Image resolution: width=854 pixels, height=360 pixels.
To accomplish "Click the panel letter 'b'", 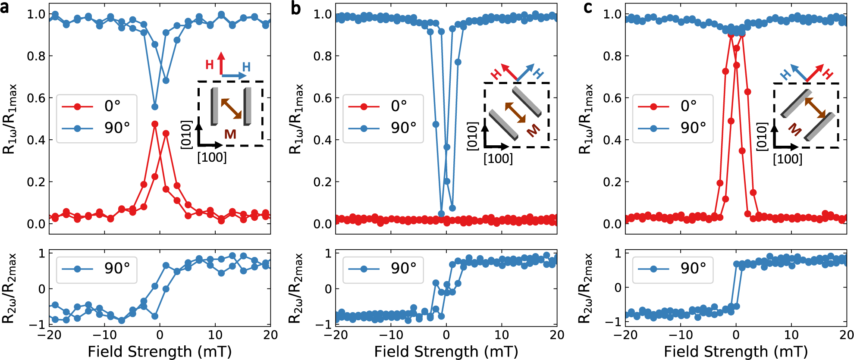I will coord(295,8).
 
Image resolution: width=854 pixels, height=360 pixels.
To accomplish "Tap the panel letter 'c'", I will coord(587,7).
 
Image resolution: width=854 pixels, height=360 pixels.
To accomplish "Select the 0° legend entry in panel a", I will coord(96,106).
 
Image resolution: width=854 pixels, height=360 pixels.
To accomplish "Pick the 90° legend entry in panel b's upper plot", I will coord(383,128).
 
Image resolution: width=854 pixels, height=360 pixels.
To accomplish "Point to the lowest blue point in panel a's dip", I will coord(155,106).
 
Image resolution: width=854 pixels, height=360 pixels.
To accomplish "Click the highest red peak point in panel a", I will coord(155,124).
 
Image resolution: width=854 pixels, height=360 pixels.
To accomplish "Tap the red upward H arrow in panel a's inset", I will coord(221,63).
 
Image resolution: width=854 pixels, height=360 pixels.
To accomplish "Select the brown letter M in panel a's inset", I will coord(230,135).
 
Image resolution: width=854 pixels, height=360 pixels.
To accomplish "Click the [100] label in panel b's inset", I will coord(498,159).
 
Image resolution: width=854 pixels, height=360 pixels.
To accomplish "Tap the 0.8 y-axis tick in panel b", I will coord(322,56).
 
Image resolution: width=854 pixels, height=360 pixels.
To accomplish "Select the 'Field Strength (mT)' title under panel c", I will coord(736,351).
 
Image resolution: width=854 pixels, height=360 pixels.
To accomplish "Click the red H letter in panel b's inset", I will coord(496,74).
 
